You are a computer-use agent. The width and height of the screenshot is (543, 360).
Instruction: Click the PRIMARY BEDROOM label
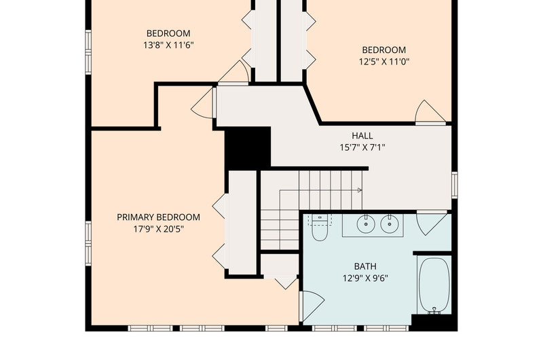click(158, 217)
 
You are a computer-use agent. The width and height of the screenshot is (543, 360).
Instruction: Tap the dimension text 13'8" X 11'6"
click(168, 45)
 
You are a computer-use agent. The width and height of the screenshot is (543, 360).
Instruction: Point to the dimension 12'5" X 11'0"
click(384, 62)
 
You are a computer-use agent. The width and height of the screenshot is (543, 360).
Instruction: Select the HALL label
click(362, 135)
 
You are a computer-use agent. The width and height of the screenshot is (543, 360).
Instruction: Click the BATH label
click(365, 266)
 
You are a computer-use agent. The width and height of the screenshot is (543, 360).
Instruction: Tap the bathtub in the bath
click(434, 285)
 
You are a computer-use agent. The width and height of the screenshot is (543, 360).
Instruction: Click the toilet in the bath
click(320, 228)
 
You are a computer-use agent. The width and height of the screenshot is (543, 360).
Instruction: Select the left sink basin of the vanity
click(366, 224)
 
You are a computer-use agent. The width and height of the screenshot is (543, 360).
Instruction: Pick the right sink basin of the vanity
click(390, 224)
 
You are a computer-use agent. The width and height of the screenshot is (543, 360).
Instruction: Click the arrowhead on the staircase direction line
click(360, 190)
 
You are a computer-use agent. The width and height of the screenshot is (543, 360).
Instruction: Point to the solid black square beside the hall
click(248, 148)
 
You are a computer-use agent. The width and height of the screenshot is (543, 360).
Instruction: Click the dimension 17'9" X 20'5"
click(159, 229)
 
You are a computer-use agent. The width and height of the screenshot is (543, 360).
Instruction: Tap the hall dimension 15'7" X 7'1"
click(362, 147)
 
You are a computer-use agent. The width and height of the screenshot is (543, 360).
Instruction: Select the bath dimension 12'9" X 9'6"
click(365, 278)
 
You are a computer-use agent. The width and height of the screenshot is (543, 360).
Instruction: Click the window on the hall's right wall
click(454, 185)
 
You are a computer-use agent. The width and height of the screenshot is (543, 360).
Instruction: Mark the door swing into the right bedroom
click(430, 112)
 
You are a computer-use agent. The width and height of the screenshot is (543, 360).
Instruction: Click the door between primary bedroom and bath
click(312, 306)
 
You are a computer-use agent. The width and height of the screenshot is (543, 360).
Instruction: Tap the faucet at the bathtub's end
click(434, 310)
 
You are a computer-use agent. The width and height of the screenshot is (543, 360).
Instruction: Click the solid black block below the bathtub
click(434, 323)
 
